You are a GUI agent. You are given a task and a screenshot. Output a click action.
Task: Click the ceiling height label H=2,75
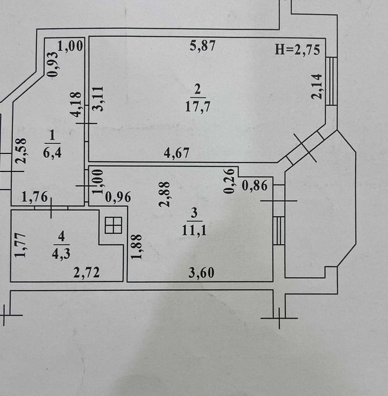pos(297,50)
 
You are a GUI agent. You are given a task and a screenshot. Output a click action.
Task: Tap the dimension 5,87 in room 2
pos(203,46)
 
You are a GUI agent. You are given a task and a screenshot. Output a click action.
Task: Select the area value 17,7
pos(198,106)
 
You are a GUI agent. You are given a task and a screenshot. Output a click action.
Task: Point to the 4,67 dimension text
pos(176,153)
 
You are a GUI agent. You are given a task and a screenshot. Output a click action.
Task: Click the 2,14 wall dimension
pos(317,87)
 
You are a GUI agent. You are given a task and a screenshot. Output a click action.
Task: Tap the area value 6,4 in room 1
pos(52,153)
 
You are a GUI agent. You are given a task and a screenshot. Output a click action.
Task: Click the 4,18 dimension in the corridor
pos(76,105)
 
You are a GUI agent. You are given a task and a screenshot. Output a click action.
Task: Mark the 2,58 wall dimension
pos(20,151)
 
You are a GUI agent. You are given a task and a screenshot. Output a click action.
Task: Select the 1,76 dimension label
pos(35,197)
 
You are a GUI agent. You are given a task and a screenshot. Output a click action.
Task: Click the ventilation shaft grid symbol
pos(113,225)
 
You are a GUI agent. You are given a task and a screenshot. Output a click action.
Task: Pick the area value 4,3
pos(61,254)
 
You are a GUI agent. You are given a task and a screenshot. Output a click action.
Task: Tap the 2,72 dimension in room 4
pos(87,273)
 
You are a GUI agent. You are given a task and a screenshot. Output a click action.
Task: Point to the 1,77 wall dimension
pos(20,245)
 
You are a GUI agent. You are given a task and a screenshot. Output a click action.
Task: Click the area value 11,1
pos(194,230)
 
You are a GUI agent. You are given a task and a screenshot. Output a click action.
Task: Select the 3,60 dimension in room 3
pos(201,273)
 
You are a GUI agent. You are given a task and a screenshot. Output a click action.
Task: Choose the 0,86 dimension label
pos(254,186)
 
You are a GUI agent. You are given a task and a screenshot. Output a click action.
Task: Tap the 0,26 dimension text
pos(229,181)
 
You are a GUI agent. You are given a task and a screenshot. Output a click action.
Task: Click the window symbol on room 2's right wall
pos(331,81)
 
